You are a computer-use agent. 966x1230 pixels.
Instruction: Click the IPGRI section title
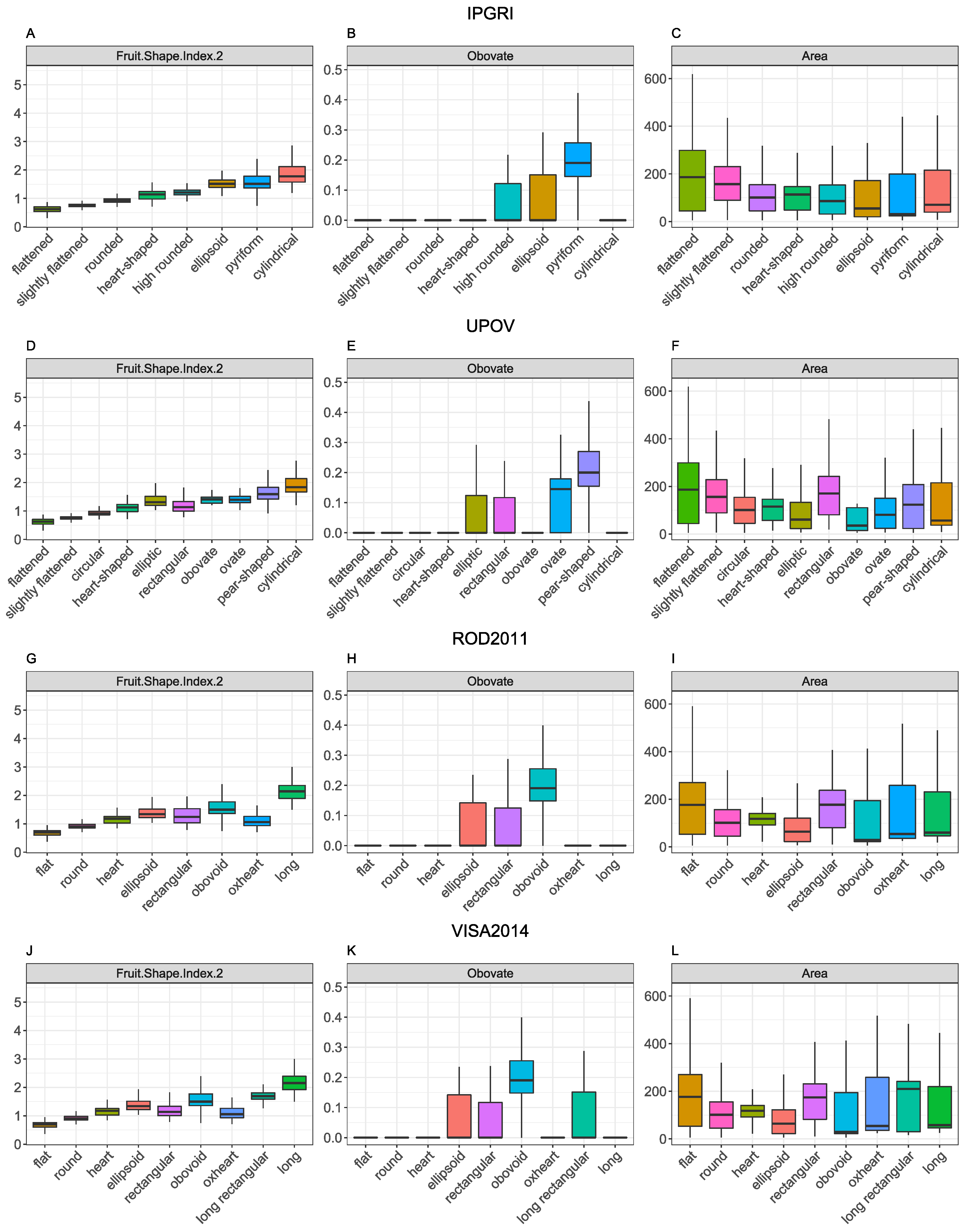(x=490, y=14)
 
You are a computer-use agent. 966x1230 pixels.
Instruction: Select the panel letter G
(x=31, y=659)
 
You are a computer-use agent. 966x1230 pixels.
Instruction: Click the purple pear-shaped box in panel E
(x=589, y=469)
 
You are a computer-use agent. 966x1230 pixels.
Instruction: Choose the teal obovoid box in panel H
(x=543, y=785)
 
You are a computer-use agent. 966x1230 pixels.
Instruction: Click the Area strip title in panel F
(x=814, y=369)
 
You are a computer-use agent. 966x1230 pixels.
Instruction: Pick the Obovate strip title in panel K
(x=490, y=973)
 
